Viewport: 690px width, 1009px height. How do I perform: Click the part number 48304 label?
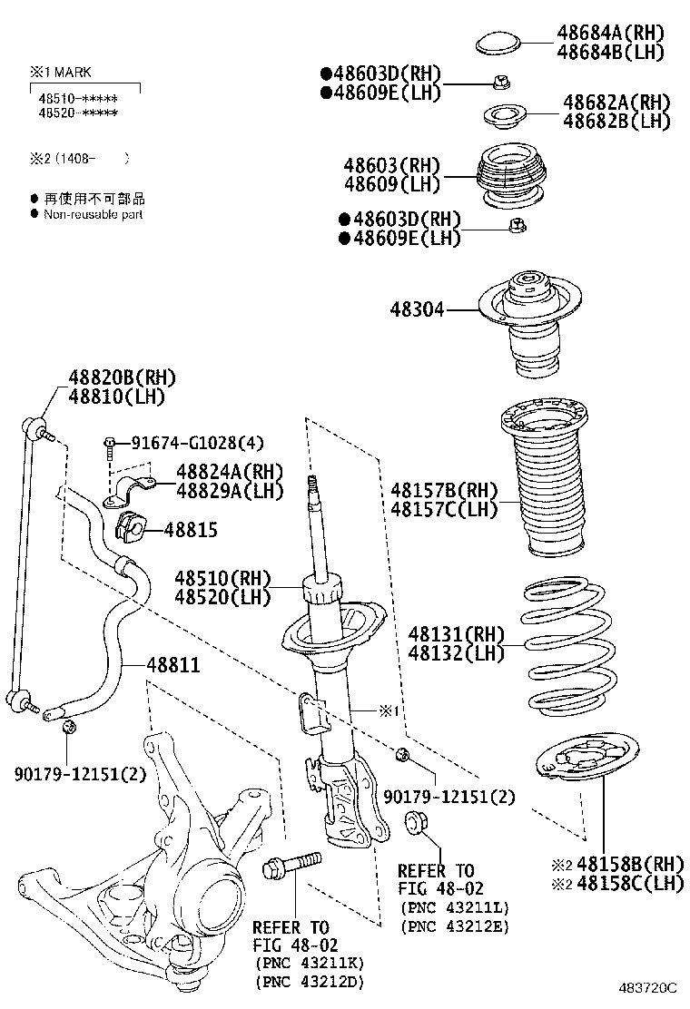(418, 309)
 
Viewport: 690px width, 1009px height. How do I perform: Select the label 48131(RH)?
(455, 633)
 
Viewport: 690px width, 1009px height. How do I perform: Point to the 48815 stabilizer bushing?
(133, 525)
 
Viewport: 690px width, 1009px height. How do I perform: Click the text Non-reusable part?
(93, 215)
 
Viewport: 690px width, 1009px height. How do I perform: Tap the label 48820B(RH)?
(122, 377)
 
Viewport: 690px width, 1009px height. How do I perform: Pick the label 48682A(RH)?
(616, 102)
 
